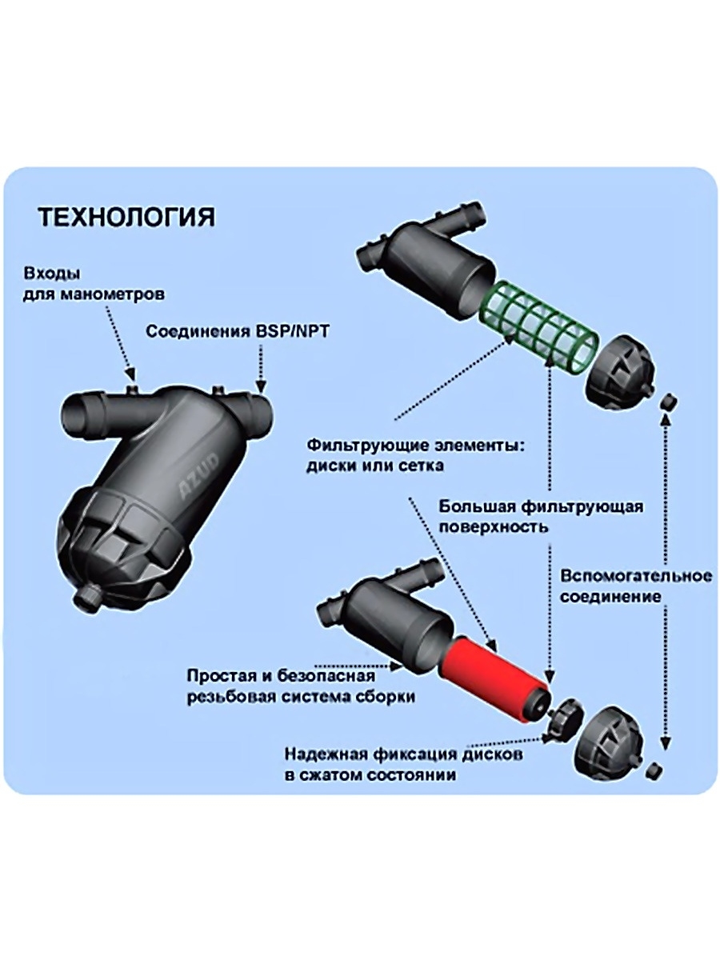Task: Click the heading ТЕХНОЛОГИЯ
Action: [126, 218]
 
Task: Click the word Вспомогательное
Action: [636, 577]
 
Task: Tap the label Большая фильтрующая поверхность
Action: [541, 517]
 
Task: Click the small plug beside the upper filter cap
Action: [670, 398]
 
